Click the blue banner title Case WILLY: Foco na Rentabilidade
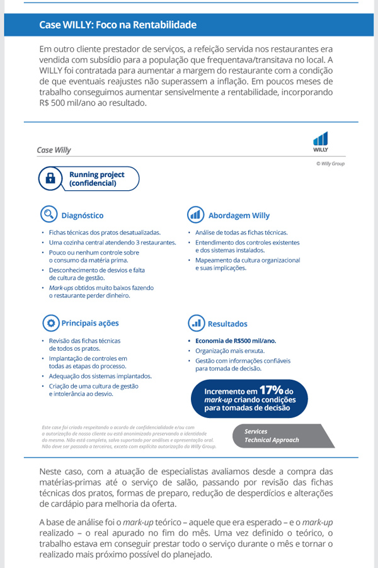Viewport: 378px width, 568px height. tap(118, 25)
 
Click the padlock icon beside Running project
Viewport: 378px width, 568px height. tap(50, 179)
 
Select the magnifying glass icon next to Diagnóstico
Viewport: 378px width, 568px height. tap(48, 215)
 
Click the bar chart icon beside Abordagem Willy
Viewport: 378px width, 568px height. tap(195, 215)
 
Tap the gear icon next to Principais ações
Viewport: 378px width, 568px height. tap(48, 323)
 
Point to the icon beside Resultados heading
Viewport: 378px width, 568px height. tap(195, 323)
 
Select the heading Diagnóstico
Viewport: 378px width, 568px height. tap(83, 215)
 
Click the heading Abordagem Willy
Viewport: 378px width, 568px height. tap(238, 215)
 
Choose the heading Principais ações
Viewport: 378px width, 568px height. tap(89, 324)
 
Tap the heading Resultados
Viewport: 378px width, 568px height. tap(227, 324)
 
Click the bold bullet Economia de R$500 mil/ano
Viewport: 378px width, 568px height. tap(236, 341)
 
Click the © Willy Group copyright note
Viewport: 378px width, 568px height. tap(330, 164)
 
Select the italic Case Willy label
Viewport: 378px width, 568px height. tap(54, 151)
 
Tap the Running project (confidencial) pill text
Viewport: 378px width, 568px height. tap(96, 179)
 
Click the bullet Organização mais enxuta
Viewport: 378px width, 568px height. tap(230, 350)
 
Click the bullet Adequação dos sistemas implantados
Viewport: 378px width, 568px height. tap(100, 376)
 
